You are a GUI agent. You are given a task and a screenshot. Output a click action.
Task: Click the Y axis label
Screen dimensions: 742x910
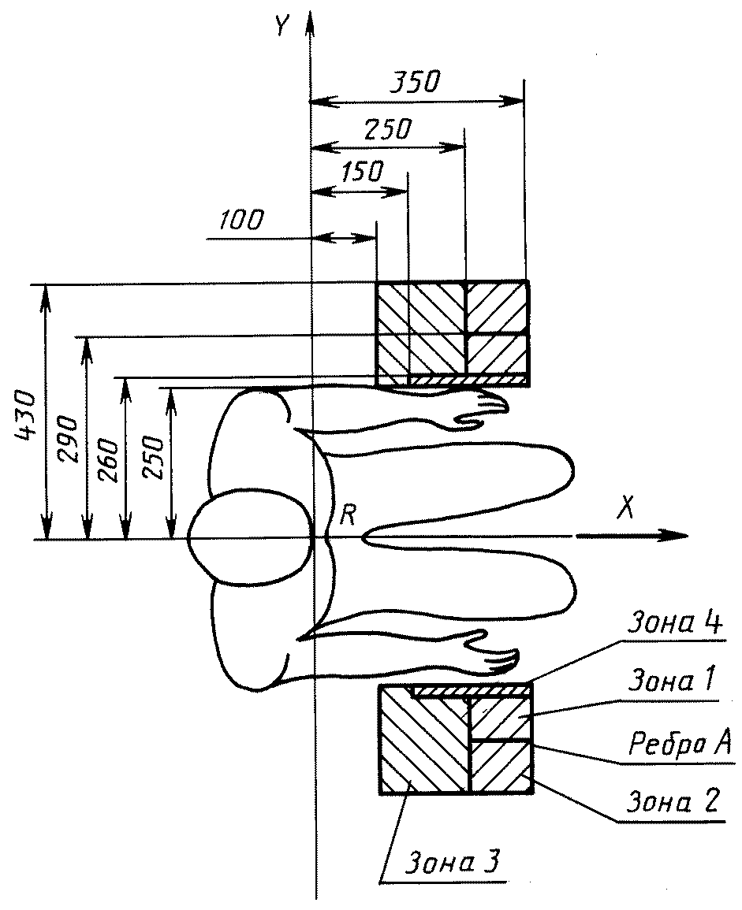click(x=283, y=25)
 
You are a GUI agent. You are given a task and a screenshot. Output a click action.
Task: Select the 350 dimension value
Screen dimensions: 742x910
click(x=416, y=82)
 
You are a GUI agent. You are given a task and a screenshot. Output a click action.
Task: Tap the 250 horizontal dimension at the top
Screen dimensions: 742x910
click(x=388, y=129)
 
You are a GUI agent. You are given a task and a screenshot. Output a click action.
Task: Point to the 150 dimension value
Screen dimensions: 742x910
click(x=363, y=172)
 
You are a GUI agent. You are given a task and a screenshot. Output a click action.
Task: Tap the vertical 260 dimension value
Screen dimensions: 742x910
click(x=109, y=462)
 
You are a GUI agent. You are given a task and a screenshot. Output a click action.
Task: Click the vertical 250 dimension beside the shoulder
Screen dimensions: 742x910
click(x=154, y=456)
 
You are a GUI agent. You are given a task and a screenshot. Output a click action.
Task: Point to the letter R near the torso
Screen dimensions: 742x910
click(x=348, y=514)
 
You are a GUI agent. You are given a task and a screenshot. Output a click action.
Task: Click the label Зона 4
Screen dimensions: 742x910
click(x=675, y=622)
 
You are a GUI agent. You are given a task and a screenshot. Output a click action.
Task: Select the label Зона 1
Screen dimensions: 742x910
click(x=670, y=680)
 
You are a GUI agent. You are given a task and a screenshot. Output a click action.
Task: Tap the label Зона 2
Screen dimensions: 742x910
click(x=673, y=801)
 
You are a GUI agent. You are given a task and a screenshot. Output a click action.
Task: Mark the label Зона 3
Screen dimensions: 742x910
click(x=453, y=863)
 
